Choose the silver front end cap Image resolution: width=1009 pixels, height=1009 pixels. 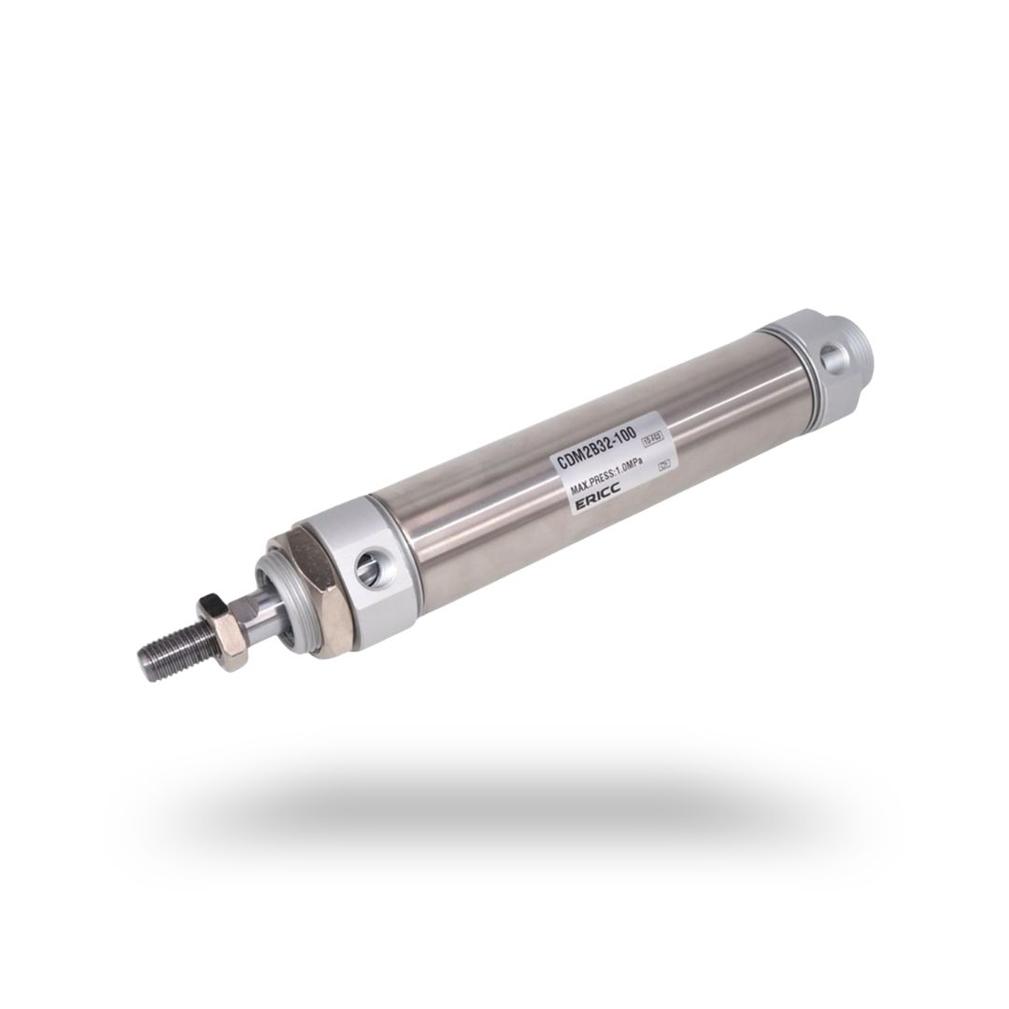click(378, 565)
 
